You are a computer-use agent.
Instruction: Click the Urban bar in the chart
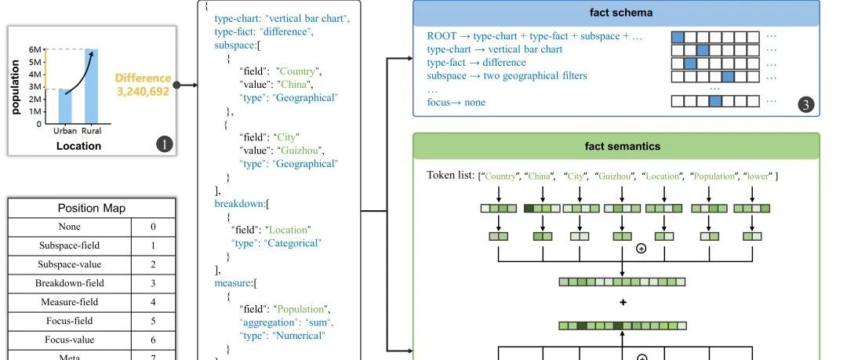(65, 107)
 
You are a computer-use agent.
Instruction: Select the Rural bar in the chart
(91, 86)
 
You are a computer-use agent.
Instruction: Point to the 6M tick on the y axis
(35, 50)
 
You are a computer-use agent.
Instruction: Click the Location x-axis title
(78, 146)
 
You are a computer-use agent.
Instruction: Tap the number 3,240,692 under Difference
(143, 91)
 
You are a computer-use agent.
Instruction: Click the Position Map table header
(92, 209)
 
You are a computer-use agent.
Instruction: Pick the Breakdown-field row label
(69, 283)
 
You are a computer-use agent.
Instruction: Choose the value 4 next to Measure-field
(153, 302)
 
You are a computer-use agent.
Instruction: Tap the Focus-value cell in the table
(69, 339)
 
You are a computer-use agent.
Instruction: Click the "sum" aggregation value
(319, 322)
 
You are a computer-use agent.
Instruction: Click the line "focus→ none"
(456, 102)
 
